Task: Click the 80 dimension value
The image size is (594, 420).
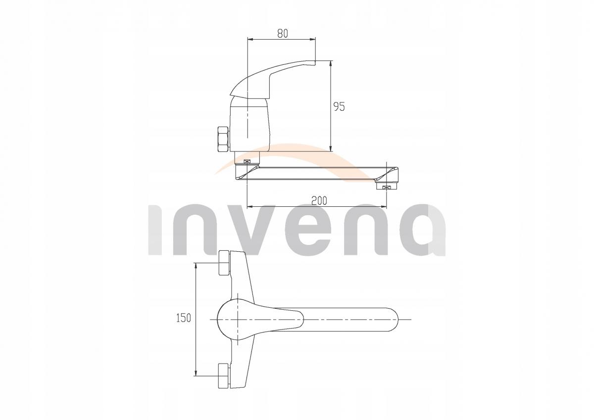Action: pos(283,34)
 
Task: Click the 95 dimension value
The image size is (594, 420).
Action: pos(339,106)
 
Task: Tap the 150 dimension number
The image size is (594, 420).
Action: pos(184,318)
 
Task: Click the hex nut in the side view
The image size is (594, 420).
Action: pos(221,139)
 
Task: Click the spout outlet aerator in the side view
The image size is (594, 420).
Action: pos(386,187)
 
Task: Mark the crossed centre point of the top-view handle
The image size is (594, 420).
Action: pos(238,320)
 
